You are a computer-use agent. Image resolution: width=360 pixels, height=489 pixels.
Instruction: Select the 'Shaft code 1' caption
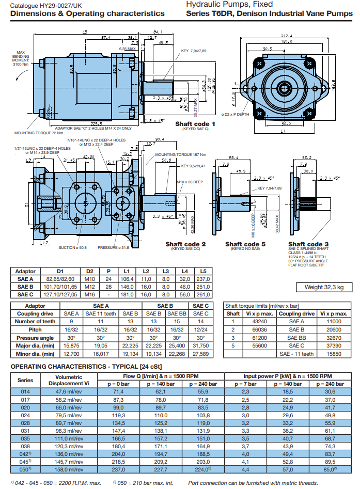pos(195,124)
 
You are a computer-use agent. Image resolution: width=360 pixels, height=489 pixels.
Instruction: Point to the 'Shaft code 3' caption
pos(308,244)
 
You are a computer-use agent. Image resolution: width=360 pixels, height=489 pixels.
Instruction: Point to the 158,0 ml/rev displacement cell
pos(65,470)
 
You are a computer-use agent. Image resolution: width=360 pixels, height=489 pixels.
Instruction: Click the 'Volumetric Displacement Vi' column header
pos(65,380)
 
